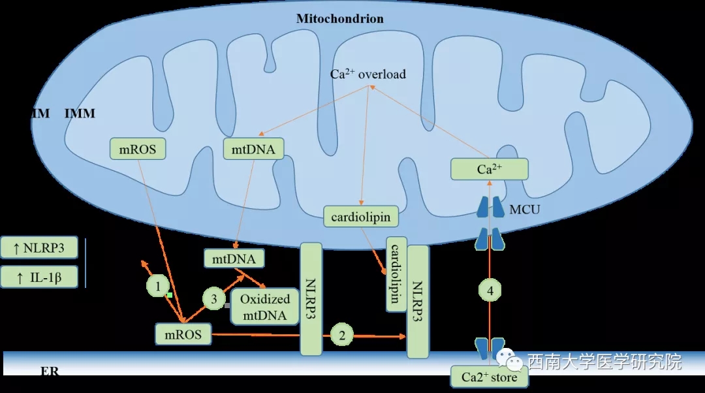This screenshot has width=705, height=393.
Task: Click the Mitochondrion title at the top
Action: [x=339, y=18]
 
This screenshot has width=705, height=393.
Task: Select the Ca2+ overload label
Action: [x=368, y=74]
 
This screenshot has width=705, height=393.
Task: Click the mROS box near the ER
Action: [x=183, y=336]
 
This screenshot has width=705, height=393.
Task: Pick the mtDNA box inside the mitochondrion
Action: [x=249, y=149]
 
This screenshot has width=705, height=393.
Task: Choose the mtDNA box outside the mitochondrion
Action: [x=234, y=259]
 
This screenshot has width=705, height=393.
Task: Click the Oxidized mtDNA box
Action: [x=264, y=307]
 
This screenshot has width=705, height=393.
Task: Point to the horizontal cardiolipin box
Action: [x=361, y=216]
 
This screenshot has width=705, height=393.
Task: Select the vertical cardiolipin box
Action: [x=396, y=274]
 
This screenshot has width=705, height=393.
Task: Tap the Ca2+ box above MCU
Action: [x=489, y=170]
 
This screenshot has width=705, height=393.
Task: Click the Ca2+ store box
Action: [x=489, y=377]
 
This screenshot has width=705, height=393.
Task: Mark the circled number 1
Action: [x=157, y=285]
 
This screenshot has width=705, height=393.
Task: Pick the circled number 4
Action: [x=490, y=289]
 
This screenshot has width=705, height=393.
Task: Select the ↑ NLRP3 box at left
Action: [x=39, y=248]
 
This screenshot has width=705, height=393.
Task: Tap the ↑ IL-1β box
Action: [x=39, y=277]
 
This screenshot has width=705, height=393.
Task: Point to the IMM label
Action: [x=80, y=114]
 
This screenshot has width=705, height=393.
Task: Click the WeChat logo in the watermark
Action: [x=509, y=360]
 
